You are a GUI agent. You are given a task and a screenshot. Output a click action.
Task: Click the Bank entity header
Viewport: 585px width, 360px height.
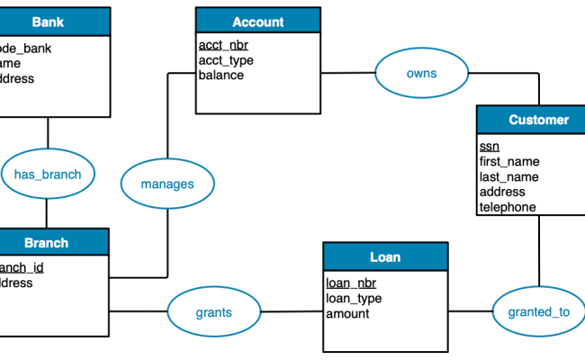49,22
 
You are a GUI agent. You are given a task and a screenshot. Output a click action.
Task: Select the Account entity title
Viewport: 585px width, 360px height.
257,22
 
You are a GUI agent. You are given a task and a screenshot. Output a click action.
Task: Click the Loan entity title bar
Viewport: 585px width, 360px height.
384,256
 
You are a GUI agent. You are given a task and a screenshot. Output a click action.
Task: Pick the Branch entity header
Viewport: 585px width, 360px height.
47,243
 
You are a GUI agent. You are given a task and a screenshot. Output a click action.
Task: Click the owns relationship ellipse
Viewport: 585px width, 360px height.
421,73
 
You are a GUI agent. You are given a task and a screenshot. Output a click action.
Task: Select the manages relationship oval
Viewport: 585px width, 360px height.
167,184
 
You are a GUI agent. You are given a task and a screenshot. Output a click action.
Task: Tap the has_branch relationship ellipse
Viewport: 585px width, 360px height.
47,175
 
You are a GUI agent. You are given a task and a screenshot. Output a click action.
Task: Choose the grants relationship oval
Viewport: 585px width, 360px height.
213,313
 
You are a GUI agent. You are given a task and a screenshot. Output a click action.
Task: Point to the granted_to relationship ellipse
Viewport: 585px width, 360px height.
538,312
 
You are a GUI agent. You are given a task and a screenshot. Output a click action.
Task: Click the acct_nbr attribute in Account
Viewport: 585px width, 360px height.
224,46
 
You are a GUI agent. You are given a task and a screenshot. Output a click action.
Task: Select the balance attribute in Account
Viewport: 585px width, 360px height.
221,75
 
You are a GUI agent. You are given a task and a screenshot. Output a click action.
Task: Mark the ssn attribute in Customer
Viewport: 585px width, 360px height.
489,146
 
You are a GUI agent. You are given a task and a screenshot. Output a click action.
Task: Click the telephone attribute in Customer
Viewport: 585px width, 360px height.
508,206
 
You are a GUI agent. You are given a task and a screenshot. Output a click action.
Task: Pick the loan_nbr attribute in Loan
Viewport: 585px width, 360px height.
351,283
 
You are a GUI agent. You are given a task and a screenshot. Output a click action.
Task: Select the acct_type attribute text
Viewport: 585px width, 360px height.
226,60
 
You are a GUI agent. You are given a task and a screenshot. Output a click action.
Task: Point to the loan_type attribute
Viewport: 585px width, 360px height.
354,298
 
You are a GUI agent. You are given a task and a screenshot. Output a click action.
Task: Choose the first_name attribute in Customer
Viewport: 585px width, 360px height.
509,161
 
